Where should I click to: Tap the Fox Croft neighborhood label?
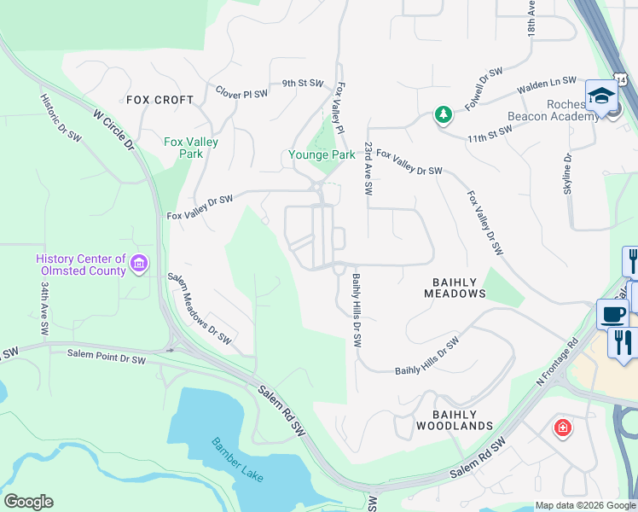(160, 100)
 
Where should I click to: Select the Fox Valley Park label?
(191, 148)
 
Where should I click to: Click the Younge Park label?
(322, 155)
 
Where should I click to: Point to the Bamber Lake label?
(228, 465)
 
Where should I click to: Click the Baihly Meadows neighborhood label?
(455, 287)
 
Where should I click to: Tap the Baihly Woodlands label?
(455, 418)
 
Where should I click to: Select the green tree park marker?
(443, 114)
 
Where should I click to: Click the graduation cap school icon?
(601, 96)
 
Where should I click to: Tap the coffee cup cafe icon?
(612, 314)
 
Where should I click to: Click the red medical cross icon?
(561, 428)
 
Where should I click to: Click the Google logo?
(28, 502)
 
